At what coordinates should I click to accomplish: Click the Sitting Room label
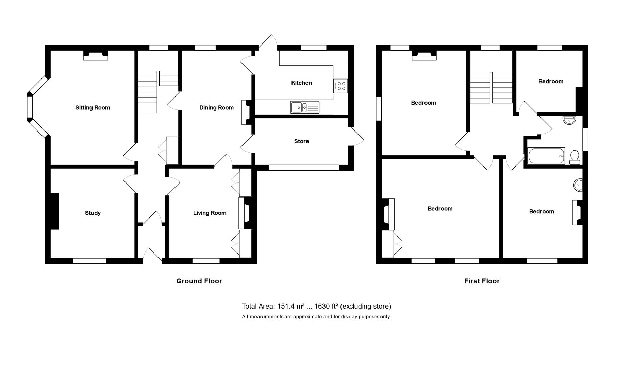pos(93,108)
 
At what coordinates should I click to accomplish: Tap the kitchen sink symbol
pos(304,107)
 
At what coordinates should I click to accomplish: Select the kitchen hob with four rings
pos(340,86)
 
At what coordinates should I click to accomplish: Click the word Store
pos(301,141)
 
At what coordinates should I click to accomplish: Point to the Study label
pos(93,213)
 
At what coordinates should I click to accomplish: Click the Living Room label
pos(210,213)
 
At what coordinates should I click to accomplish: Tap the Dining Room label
pos(216,108)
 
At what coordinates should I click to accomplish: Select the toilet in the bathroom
pos(574,157)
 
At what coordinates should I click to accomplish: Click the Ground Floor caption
pos(199,281)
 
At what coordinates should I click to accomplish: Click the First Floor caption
pos(482,281)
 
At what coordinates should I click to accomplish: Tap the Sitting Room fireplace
pos(96,56)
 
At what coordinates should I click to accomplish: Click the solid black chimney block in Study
pos(54,211)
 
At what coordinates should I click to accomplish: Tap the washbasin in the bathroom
pos(569,120)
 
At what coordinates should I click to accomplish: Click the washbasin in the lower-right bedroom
pos(578,185)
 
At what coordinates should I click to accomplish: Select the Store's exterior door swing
pos(356,137)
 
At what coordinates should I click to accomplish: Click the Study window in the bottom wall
pos(89,261)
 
